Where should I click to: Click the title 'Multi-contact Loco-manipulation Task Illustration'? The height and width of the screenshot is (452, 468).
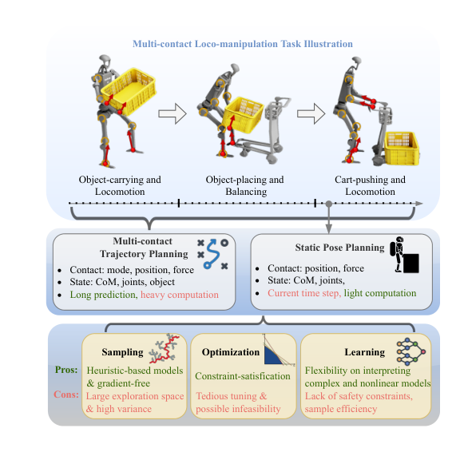(x=242, y=44)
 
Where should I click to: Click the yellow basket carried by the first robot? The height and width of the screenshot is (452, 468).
(x=129, y=91)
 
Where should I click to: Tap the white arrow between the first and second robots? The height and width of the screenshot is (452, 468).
(x=173, y=113)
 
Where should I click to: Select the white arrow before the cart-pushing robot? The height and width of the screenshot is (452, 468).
(x=311, y=113)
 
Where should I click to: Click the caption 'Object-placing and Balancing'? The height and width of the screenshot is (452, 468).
(x=244, y=185)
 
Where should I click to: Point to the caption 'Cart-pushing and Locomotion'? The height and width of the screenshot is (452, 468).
(x=370, y=185)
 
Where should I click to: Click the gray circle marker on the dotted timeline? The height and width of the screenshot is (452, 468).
(x=328, y=204)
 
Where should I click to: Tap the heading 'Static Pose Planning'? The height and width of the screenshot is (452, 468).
(x=339, y=248)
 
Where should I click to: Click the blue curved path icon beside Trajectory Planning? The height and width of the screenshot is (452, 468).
(x=212, y=253)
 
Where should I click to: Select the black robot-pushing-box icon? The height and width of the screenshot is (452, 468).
(x=404, y=255)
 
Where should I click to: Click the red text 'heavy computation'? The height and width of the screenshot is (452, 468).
(x=180, y=295)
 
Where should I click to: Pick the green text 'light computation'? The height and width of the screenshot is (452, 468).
(x=380, y=293)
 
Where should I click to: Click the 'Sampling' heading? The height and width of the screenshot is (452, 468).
(x=122, y=352)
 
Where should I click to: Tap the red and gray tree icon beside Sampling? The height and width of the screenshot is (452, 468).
(x=165, y=348)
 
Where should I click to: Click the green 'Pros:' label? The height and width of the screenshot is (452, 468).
(x=66, y=370)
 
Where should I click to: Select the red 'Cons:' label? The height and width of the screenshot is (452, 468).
(x=66, y=395)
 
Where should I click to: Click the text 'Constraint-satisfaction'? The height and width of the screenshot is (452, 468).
(x=243, y=376)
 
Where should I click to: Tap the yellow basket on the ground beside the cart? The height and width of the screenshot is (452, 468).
(x=402, y=149)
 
